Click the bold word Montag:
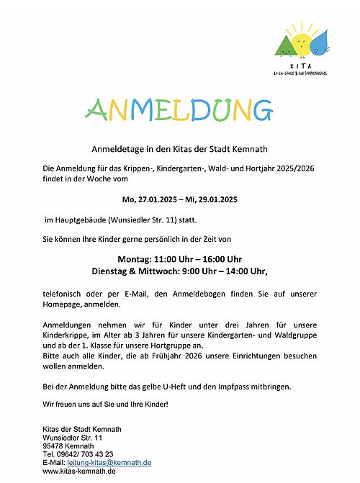pos(135,259)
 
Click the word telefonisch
pos(63,295)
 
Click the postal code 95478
pos(54,446)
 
